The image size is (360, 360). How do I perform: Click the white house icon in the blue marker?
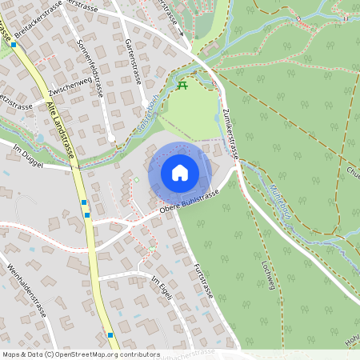[180, 172]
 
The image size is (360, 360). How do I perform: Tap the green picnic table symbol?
[183, 85]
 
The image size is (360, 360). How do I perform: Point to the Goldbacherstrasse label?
[190, 352]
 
